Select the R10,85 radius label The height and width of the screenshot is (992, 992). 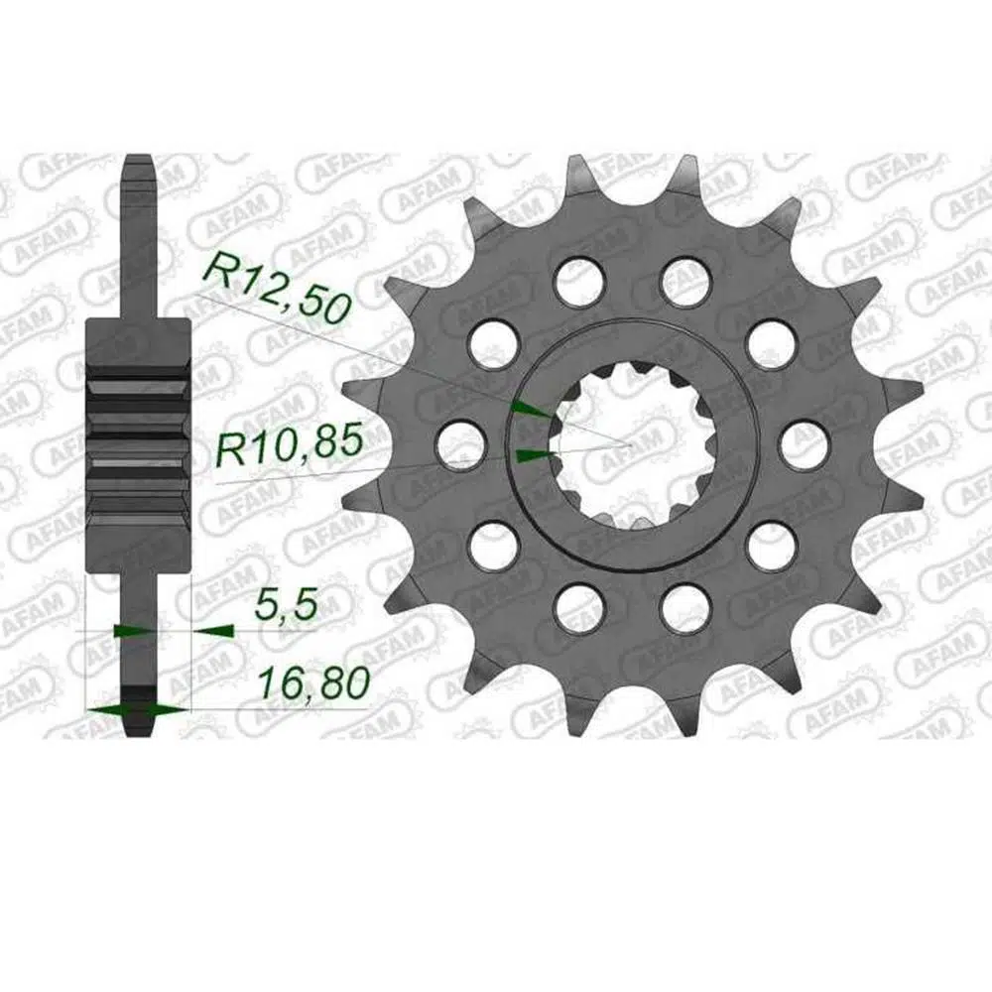pyautogui.click(x=290, y=444)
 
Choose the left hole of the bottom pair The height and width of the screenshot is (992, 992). pyautogui.click(x=577, y=607)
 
